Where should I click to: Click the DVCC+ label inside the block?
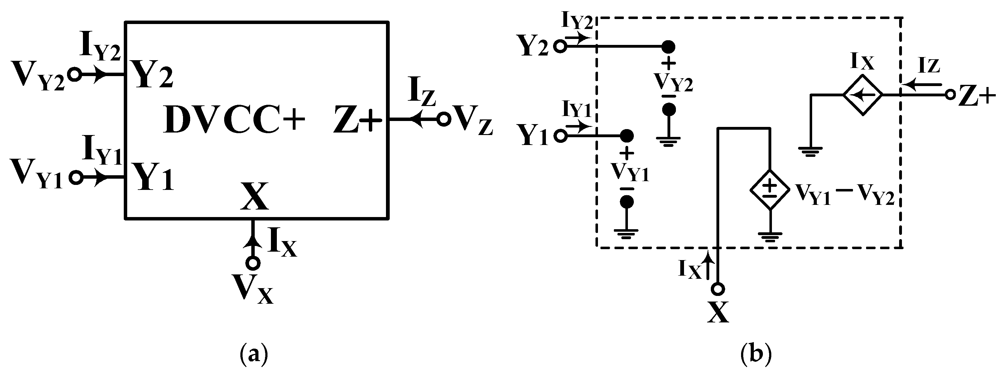click(234, 119)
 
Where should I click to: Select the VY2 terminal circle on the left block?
click(74, 74)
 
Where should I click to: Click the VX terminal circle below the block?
click(254, 263)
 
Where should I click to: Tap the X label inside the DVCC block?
click(254, 197)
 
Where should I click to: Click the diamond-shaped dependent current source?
click(862, 94)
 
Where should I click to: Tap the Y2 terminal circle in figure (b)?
click(561, 47)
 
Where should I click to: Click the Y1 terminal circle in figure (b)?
click(561, 136)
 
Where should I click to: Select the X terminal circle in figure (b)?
click(718, 289)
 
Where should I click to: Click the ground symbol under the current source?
click(810, 151)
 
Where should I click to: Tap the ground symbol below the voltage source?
click(770, 237)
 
